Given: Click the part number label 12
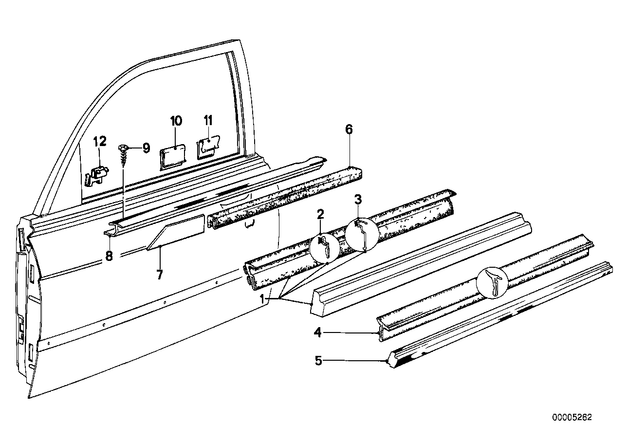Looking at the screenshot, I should (x=99, y=142).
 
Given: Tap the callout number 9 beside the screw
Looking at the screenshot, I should (x=146, y=148).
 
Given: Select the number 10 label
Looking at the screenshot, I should (x=176, y=121).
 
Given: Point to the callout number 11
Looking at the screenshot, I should (x=208, y=120).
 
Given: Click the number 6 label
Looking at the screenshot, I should (x=349, y=129).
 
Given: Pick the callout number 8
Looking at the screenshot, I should (x=109, y=257).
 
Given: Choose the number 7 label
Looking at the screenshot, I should (x=159, y=275).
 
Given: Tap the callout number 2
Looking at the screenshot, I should (x=320, y=214).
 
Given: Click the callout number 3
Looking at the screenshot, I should (x=357, y=199).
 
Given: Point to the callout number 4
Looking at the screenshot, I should (x=317, y=333).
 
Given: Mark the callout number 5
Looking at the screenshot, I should (x=318, y=361).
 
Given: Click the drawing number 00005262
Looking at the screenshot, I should (x=572, y=417).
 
